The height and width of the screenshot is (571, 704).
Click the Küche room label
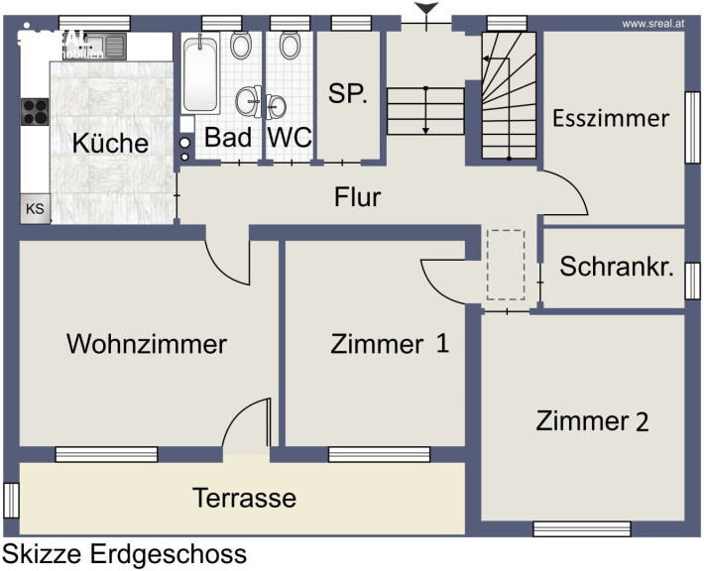(x=110, y=143)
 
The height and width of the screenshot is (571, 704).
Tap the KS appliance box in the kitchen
(x=35, y=209)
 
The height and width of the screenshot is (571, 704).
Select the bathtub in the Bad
(x=202, y=75)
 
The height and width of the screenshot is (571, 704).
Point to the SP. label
(x=348, y=96)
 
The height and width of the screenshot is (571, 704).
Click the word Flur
(x=358, y=197)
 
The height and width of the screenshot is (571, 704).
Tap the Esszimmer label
(x=611, y=119)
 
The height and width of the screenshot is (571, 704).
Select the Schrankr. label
(x=617, y=267)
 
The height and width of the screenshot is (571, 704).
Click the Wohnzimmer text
(x=147, y=344)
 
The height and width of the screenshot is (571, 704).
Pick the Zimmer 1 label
(x=390, y=344)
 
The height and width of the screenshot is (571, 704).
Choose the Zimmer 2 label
(x=592, y=421)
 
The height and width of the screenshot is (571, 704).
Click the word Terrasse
(x=244, y=497)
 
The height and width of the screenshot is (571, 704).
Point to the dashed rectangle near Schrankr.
(x=506, y=265)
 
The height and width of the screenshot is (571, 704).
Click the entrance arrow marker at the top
(x=426, y=11)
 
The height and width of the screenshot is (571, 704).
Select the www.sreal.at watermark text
(x=655, y=22)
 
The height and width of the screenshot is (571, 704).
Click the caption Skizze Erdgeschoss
(x=125, y=553)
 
